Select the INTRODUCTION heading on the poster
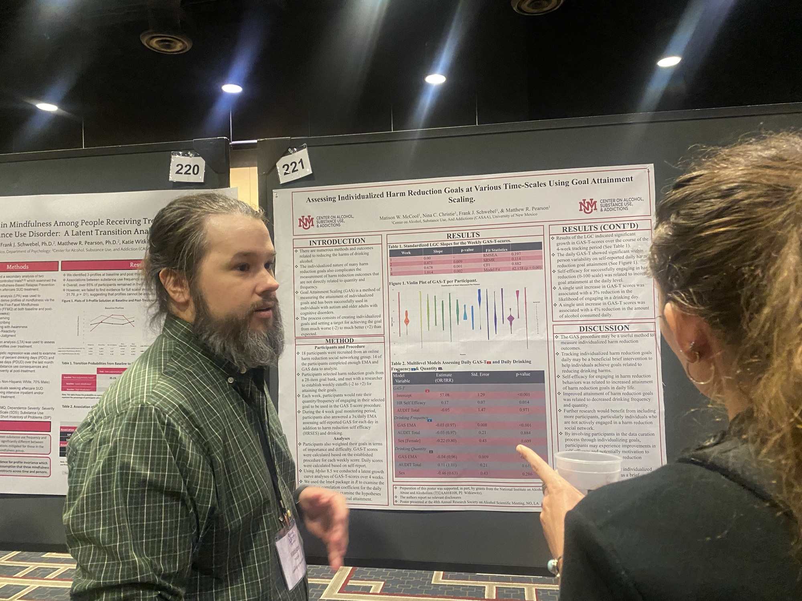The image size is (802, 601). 337,241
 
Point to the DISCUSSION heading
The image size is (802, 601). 604,328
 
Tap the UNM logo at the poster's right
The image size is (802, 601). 587,206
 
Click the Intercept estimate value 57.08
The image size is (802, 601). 444,395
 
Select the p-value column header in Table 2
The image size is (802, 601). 523,374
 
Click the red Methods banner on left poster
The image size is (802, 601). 18,266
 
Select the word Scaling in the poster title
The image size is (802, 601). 462,199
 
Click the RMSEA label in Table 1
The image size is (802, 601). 490,255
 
